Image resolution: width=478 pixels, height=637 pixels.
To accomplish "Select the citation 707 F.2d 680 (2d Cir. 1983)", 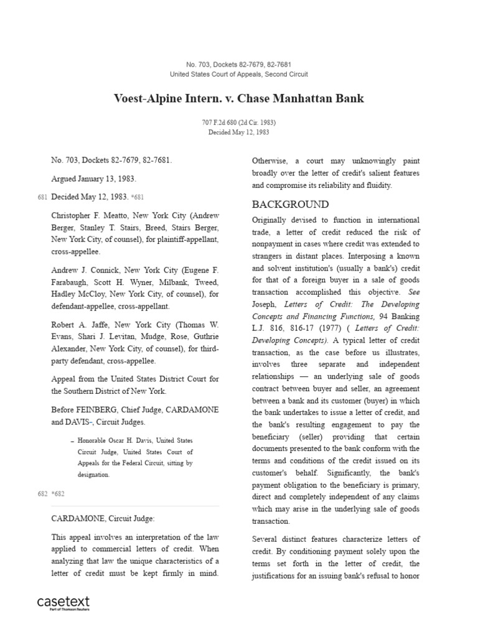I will pyautogui.click(x=239, y=123).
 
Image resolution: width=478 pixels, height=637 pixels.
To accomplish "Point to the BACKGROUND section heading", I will pyautogui.click(x=290, y=205).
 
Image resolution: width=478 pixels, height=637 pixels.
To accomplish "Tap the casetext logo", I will pyautogui.click(x=63, y=602).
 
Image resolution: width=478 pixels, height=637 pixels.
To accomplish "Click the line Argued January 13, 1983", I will pyautogui.click(x=93, y=179).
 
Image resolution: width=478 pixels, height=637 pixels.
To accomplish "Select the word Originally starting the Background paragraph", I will pyautogui.click(x=273, y=220).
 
